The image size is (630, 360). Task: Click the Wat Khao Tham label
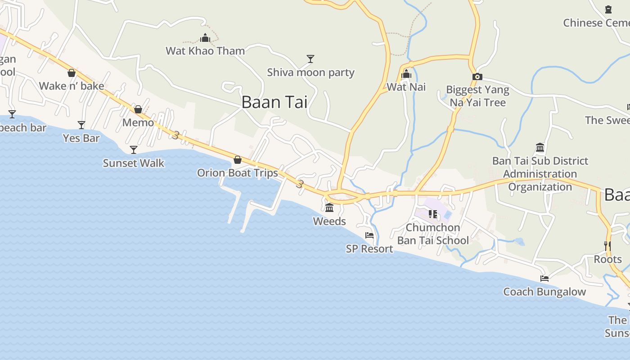click(x=205, y=51)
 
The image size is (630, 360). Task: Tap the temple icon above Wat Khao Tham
click(x=205, y=38)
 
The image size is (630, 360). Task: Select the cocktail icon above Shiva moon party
click(x=310, y=59)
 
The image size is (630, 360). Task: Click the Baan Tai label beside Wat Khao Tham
click(x=274, y=102)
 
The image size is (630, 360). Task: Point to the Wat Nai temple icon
click(x=406, y=74)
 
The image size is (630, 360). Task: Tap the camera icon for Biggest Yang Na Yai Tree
click(x=477, y=77)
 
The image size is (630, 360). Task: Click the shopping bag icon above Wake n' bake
click(x=72, y=73)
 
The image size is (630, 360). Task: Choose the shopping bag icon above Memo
click(x=138, y=109)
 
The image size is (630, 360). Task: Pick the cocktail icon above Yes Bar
click(x=81, y=125)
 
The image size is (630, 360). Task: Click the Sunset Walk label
click(x=134, y=163)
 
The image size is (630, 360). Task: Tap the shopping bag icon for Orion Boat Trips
click(x=238, y=160)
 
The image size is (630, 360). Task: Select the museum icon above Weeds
click(x=329, y=208)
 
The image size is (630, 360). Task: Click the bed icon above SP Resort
click(x=369, y=235)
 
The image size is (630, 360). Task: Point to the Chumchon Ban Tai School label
click(x=433, y=234)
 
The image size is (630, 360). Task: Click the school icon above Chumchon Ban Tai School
click(x=433, y=214)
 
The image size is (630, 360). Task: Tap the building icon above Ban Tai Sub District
click(x=540, y=148)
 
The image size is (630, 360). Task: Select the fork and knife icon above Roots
click(x=607, y=246)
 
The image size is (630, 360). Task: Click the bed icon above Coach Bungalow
click(x=544, y=279)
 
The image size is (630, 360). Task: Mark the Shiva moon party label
click(x=310, y=72)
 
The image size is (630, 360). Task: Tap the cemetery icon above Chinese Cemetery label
click(x=608, y=9)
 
